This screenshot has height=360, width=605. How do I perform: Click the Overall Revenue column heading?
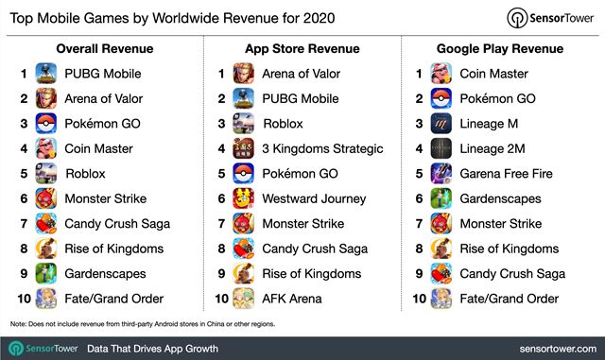(104, 47)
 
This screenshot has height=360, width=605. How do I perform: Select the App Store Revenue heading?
(302, 47)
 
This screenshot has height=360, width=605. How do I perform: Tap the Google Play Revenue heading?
(502, 47)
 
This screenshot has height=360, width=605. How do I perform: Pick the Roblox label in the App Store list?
(283, 123)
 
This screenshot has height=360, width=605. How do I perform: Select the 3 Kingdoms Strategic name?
(322, 148)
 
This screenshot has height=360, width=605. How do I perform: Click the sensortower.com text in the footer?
(547, 348)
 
